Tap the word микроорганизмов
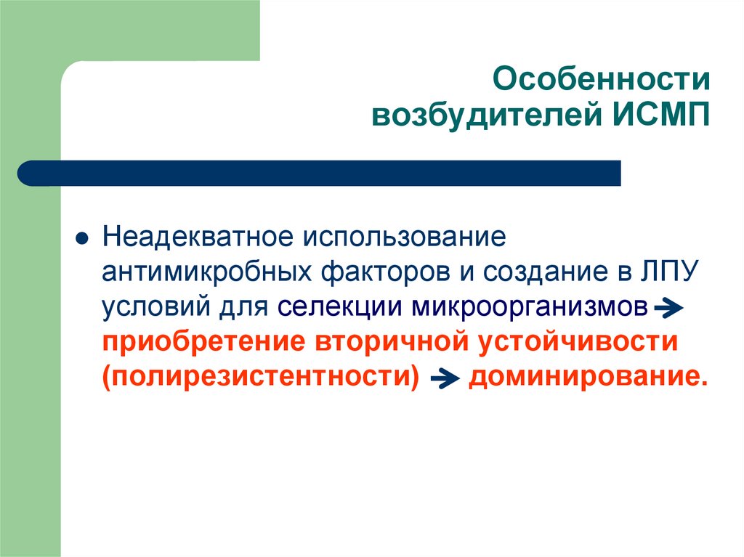pos(530,308)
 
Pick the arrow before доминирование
pos(444,380)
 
